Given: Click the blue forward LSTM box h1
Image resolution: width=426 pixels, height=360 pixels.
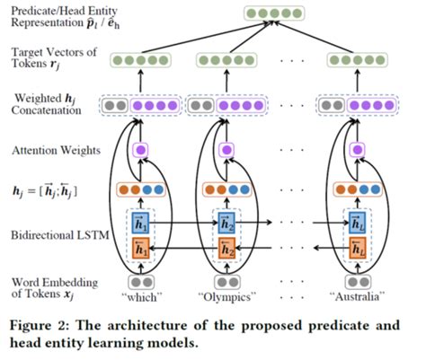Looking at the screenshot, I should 139,221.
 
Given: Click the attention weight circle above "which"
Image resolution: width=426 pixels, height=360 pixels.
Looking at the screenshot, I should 139,149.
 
